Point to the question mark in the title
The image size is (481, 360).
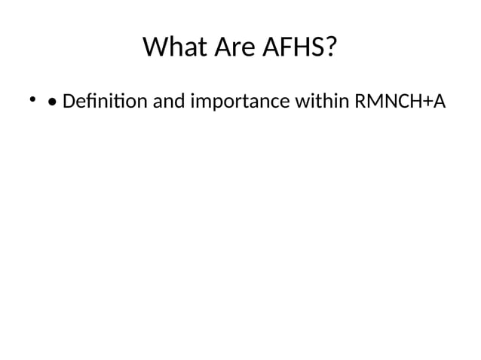pos(330,48)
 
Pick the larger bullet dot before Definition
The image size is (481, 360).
pos(52,101)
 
